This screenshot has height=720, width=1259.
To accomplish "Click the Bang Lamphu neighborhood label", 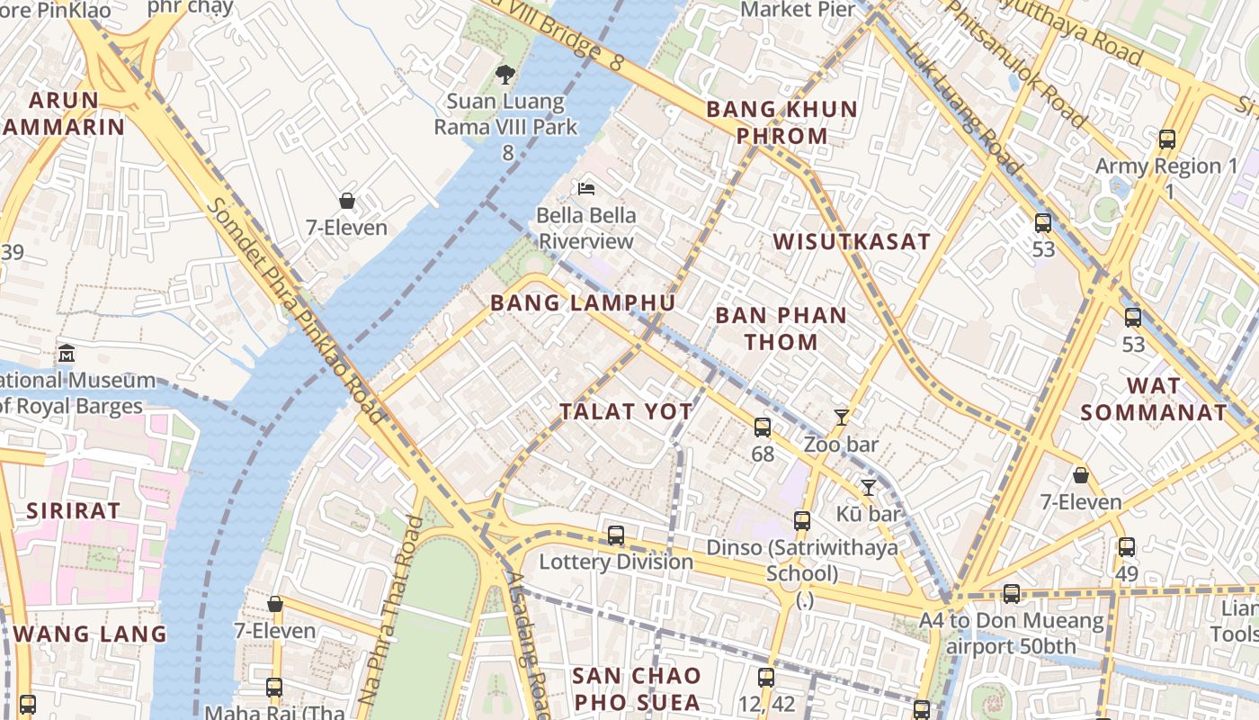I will pos(583,302).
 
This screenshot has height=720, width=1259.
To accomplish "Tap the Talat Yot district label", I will pos(626,412).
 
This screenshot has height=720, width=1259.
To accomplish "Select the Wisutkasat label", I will pos(852,241).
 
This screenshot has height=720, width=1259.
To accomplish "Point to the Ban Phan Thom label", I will pos(780,328).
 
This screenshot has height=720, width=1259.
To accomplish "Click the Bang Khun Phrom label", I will pos(781,122).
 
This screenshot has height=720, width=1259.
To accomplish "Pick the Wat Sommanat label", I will pos(1154,400).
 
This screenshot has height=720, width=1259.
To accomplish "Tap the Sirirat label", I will pos(73,510).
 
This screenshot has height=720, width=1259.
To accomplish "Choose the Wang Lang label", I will pos(90,634).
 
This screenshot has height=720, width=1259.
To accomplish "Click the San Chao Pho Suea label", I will pos(637,688).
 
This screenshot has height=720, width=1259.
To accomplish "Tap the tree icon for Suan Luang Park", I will pos(505,75).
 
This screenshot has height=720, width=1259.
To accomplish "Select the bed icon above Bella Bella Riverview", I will pos(586,189).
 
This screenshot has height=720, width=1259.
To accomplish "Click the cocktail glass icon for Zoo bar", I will pos(842,417).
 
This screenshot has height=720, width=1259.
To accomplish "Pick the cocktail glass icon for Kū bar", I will pos(868,488).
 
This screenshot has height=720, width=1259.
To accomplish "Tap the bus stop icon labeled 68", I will pos(763,427).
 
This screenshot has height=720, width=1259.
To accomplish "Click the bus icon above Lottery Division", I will pos(616,535).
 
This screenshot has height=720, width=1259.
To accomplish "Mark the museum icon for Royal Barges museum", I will pos(66,353).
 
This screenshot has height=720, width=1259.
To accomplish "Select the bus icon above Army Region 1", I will pos(1167,139).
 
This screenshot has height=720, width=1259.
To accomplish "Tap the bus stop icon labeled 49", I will pos(1127,546).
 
